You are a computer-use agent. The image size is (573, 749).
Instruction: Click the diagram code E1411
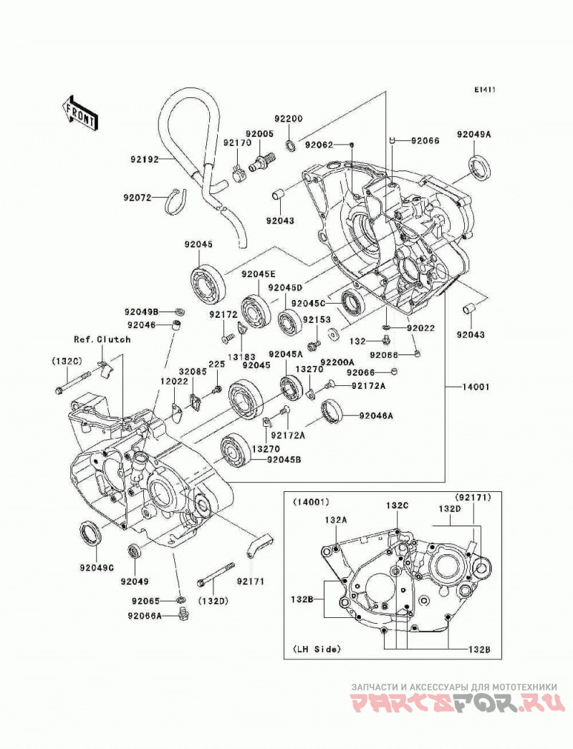click(x=485, y=90)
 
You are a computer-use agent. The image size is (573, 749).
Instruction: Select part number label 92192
click(x=145, y=159)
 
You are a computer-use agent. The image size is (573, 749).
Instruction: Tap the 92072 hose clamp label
click(x=138, y=198)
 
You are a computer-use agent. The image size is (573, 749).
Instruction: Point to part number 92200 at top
click(x=288, y=118)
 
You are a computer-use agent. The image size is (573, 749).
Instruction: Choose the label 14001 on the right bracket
click(x=475, y=387)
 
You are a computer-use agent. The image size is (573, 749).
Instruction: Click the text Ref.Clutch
click(x=102, y=339)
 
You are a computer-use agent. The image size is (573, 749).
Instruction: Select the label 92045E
click(x=258, y=275)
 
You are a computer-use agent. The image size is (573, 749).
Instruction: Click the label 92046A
click(x=376, y=416)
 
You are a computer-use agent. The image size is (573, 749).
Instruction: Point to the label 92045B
click(x=284, y=460)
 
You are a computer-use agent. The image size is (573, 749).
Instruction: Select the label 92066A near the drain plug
click(x=145, y=616)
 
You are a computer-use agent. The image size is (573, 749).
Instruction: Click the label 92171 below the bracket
click(x=251, y=582)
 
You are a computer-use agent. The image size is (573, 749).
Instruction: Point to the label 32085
click(x=193, y=370)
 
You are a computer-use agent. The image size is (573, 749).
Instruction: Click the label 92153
click(x=317, y=319)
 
